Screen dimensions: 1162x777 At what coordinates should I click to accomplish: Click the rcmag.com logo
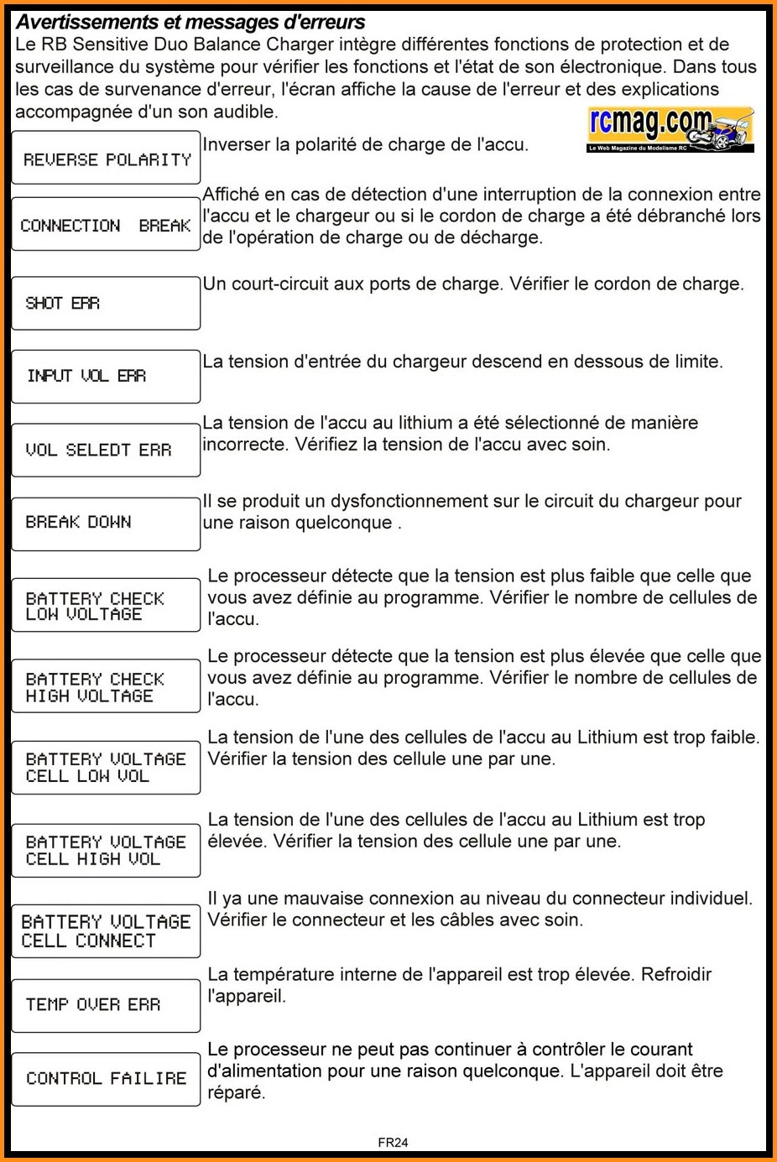pyautogui.click(x=670, y=130)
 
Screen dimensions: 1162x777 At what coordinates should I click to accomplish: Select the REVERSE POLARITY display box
pyautogui.click(x=106, y=158)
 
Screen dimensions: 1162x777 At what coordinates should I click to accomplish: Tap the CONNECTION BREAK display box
pyautogui.click(x=106, y=224)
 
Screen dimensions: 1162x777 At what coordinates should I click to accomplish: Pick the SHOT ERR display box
pyautogui.click(x=106, y=303)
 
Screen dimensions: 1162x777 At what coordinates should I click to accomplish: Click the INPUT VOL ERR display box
pyautogui.click(x=106, y=376)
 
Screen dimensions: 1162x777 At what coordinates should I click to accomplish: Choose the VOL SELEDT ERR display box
pyautogui.click(x=106, y=450)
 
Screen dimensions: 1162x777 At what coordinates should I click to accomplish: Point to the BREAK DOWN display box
pyautogui.click(x=106, y=523)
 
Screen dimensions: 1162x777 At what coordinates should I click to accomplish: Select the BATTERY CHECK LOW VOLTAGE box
pyautogui.click(x=106, y=605)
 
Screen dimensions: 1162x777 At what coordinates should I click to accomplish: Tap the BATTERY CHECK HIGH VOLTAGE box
pyautogui.click(x=106, y=686)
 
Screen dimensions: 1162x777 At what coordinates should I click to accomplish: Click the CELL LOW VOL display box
pyautogui.click(x=106, y=767)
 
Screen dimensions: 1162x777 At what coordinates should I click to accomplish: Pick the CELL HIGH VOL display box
pyautogui.click(x=106, y=850)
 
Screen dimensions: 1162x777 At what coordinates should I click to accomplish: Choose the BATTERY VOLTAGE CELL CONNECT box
pyautogui.click(x=106, y=930)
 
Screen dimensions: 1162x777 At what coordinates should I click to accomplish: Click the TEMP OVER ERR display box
pyautogui.click(x=106, y=1004)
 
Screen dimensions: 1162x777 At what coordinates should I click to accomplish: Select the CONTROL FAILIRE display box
pyautogui.click(x=106, y=1078)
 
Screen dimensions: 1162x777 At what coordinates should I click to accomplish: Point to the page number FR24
pyautogui.click(x=393, y=1142)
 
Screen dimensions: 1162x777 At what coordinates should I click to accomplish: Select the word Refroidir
pyautogui.click(x=676, y=975)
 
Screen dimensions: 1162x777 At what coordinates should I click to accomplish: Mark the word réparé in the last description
pyautogui.click(x=236, y=1093)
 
